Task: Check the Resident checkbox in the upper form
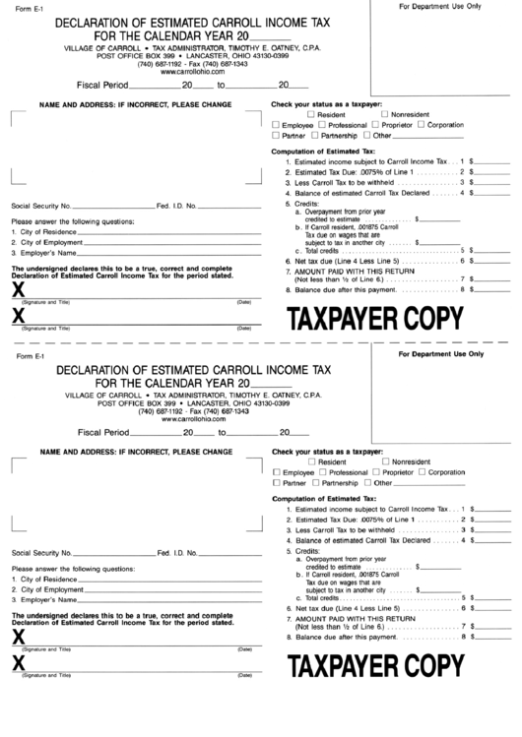tap(312, 115)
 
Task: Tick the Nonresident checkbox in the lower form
tap(386, 461)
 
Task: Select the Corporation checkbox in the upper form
tap(422, 126)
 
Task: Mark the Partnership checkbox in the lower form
tap(314, 483)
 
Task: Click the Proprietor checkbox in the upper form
tap(375, 126)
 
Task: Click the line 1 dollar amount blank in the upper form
tap(492, 159)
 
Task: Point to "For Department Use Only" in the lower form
tap(440, 353)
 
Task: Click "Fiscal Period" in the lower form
tap(103, 432)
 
